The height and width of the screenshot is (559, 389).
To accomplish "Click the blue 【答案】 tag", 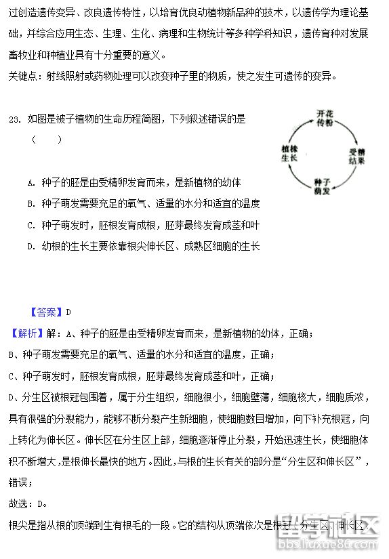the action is pos(46,312).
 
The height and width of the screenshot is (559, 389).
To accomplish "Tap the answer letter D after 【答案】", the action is pos(68,312).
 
